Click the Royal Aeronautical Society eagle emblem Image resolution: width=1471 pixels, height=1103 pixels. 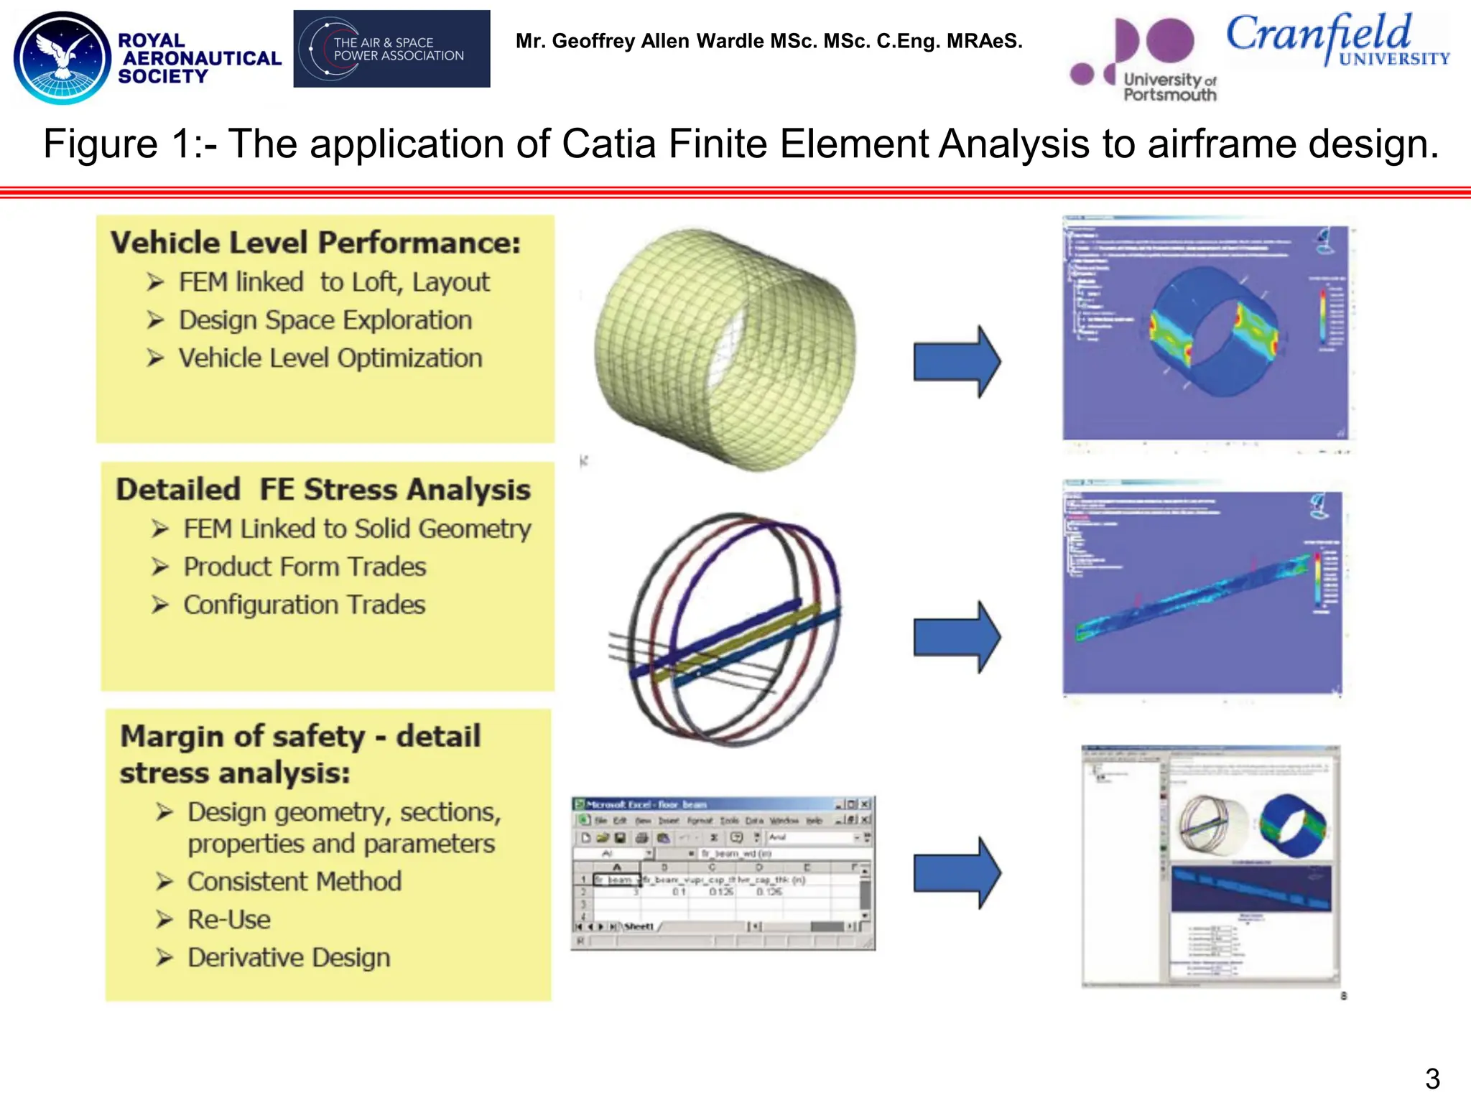click(63, 57)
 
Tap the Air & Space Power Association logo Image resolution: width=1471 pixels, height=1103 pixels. click(391, 49)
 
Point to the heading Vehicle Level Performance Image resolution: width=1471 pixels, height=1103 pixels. click(315, 243)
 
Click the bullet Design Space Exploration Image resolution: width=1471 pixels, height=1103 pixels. click(325, 320)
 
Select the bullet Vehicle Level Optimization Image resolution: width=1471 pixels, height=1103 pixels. click(330, 358)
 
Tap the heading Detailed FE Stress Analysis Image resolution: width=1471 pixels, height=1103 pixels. click(323, 490)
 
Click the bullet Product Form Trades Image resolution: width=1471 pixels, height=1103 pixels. click(305, 567)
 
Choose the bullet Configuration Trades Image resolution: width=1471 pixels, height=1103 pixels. click(304, 605)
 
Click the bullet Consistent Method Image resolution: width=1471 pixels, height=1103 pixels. click(294, 882)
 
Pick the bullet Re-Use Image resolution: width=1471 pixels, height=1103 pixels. click(228, 920)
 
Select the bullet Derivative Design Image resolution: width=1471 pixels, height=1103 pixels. click(289, 958)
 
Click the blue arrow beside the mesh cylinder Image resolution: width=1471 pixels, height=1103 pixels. click(956, 361)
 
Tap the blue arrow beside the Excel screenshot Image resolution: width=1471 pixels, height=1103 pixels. click(956, 872)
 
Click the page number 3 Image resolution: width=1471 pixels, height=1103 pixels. click(1432, 1079)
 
